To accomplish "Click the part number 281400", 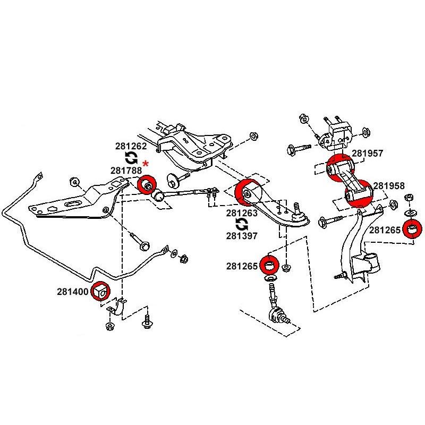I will tap(72, 292).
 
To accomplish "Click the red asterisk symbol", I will tap(146, 163).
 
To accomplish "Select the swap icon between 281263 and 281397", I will tap(242, 224).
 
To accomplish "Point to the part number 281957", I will tap(368, 154).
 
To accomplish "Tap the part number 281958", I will tap(388, 186).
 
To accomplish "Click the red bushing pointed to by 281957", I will tap(338, 168).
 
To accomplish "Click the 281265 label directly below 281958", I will tap(385, 230).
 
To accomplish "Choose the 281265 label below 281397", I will tap(242, 266).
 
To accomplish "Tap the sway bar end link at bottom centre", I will tap(276, 308).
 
